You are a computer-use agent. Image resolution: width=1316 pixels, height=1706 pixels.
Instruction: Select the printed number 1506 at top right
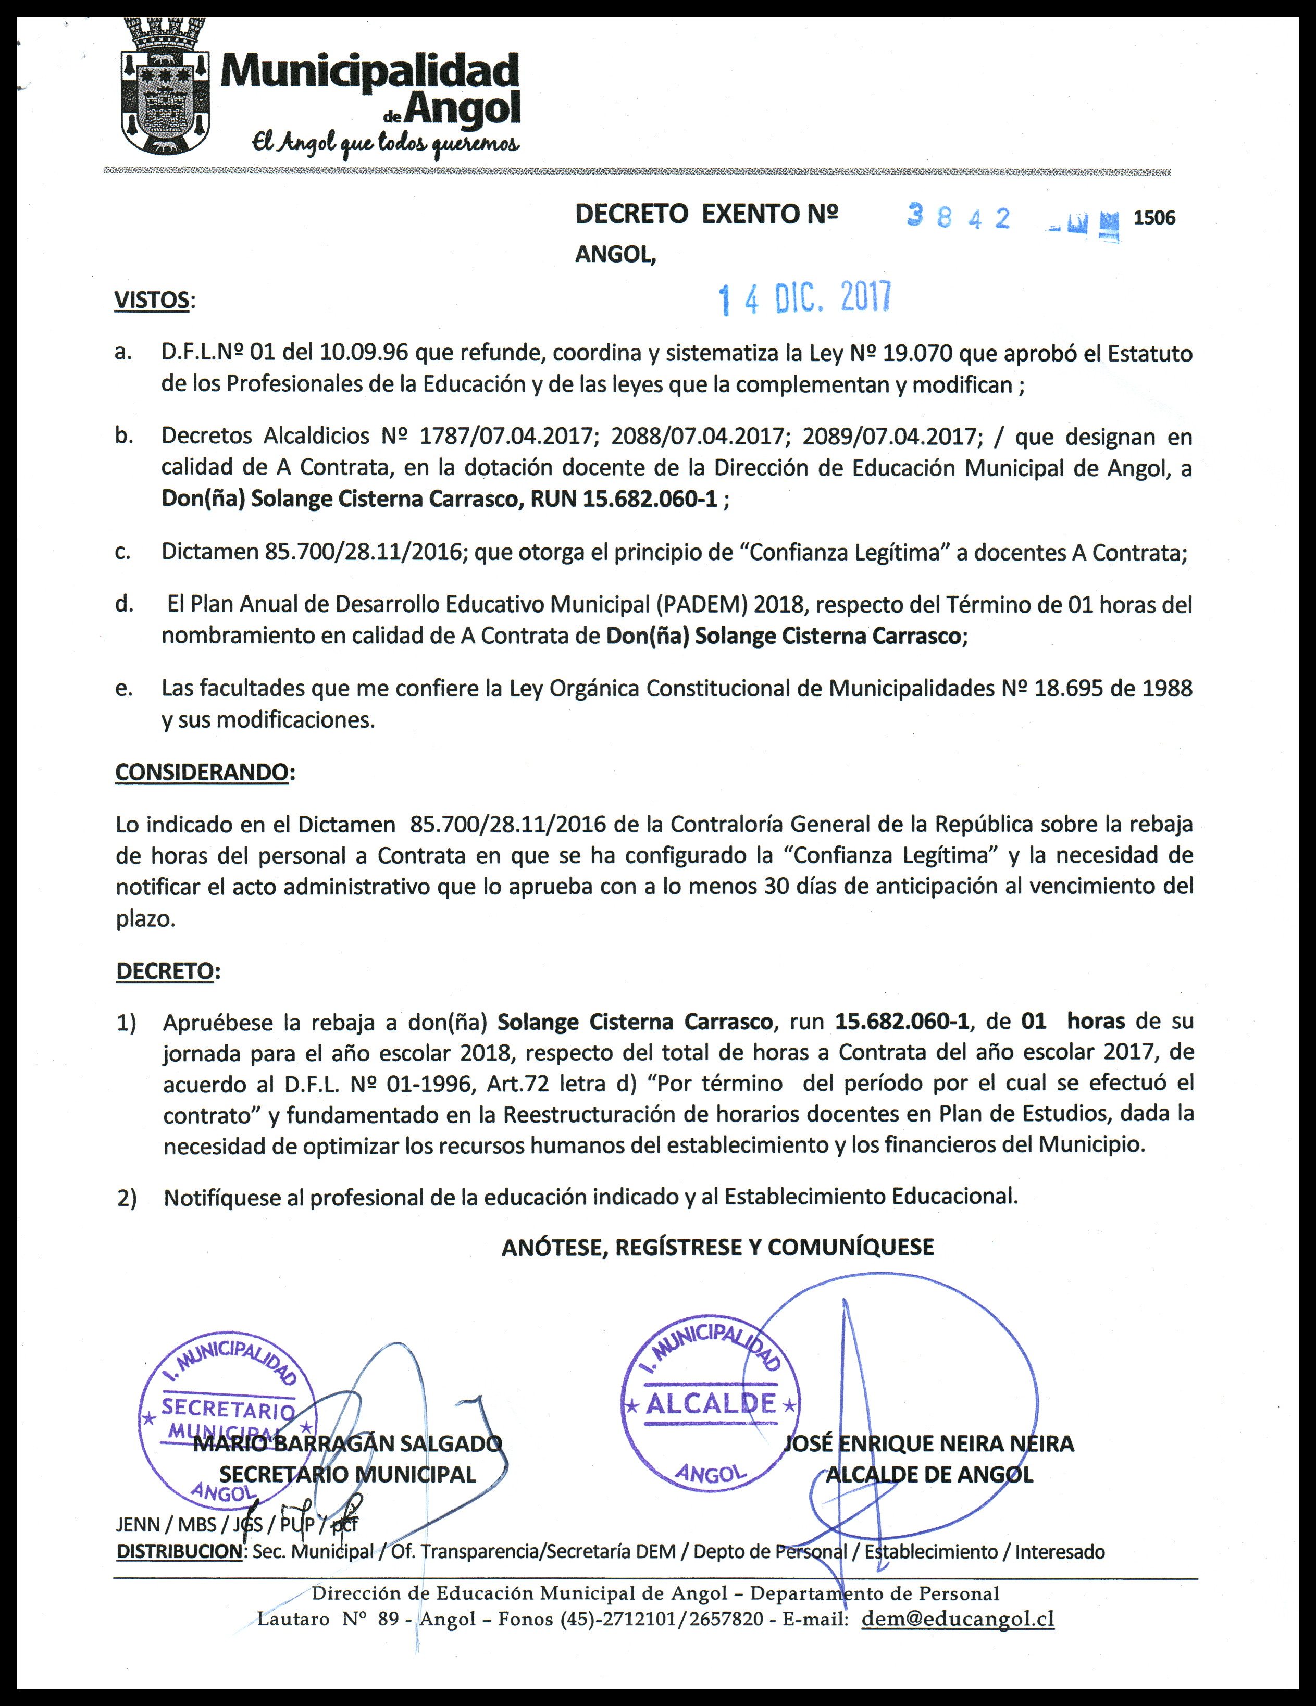pos(1153,218)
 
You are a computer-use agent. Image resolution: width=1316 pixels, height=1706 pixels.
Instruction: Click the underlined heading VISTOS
pos(152,300)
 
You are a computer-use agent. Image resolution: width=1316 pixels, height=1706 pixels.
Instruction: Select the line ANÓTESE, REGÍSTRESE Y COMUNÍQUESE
pos(717,1246)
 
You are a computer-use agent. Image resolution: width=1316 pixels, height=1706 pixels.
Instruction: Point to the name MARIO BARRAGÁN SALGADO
pos(347,1443)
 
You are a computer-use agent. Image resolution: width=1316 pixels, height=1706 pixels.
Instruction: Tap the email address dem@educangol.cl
pos(958,1618)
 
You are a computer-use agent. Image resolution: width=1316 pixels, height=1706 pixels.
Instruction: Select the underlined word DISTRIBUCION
pos(179,1551)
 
